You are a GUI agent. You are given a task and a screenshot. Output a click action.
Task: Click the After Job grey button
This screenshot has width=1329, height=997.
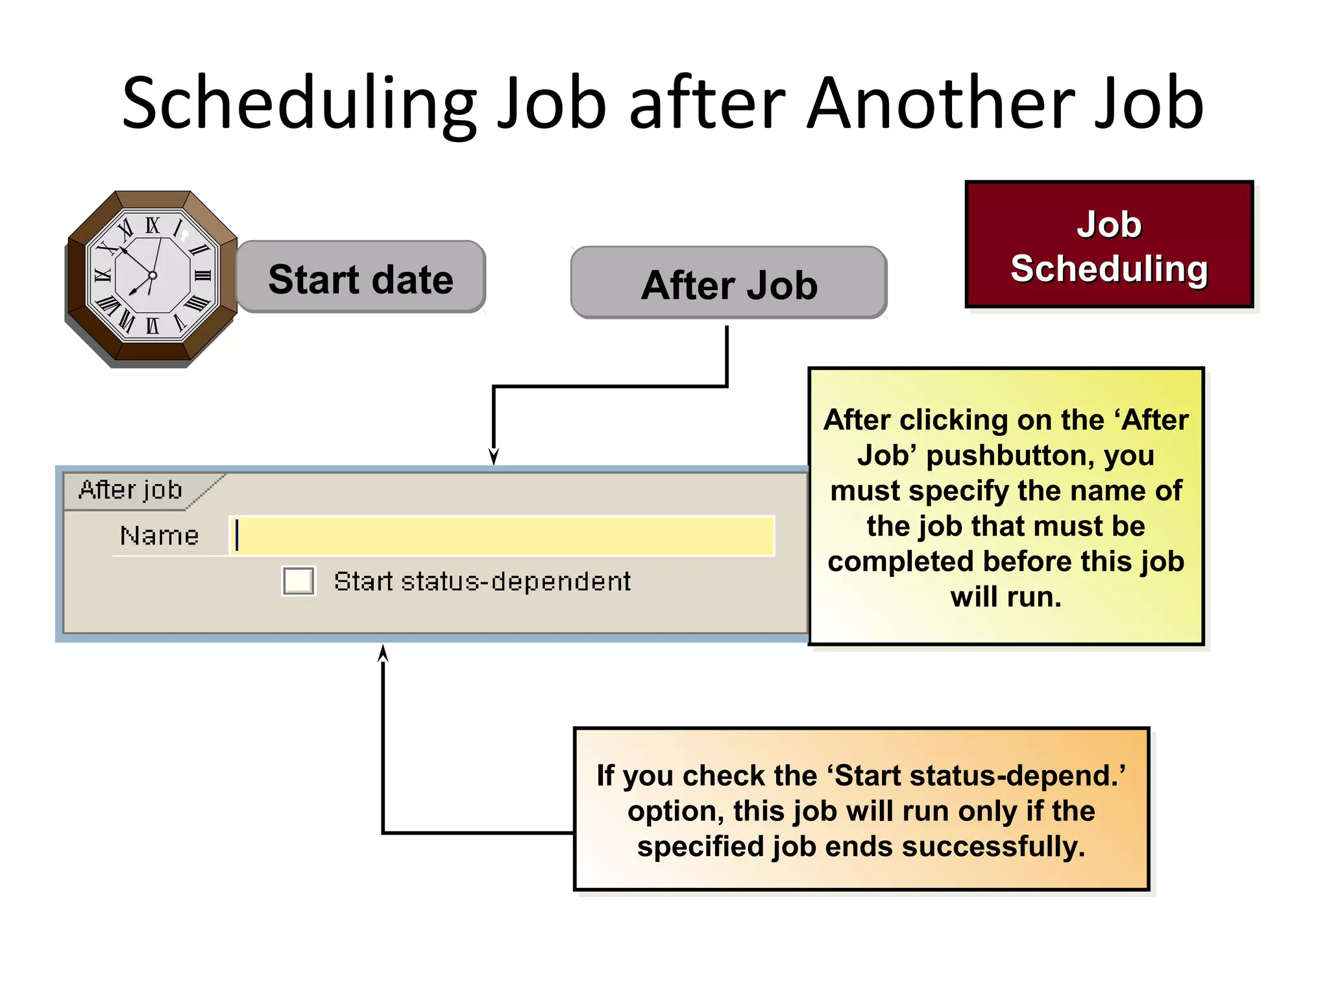[x=729, y=284]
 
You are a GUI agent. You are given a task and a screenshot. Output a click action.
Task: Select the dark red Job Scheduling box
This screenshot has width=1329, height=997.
[x=1109, y=245]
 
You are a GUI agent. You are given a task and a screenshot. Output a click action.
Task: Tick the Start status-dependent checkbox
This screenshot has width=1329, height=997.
[x=299, y=580]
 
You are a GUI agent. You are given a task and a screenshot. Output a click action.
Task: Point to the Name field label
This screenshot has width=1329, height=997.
[x=160, y=536]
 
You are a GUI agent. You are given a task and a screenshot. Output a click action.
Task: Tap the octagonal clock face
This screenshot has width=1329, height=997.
[x=152, y=277]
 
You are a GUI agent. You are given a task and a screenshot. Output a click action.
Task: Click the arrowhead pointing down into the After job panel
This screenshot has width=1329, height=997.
[x=494, y=457]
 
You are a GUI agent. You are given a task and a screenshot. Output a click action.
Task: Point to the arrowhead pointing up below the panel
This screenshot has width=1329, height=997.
[x=383, y=652]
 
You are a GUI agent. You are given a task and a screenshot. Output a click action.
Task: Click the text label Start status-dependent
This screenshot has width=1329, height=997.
[x=482, y=582]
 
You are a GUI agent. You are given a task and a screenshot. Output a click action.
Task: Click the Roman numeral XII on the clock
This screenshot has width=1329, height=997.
[x=152, y=226]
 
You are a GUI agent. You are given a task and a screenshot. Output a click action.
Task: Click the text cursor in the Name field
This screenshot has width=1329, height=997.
[x=238, y=535]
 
